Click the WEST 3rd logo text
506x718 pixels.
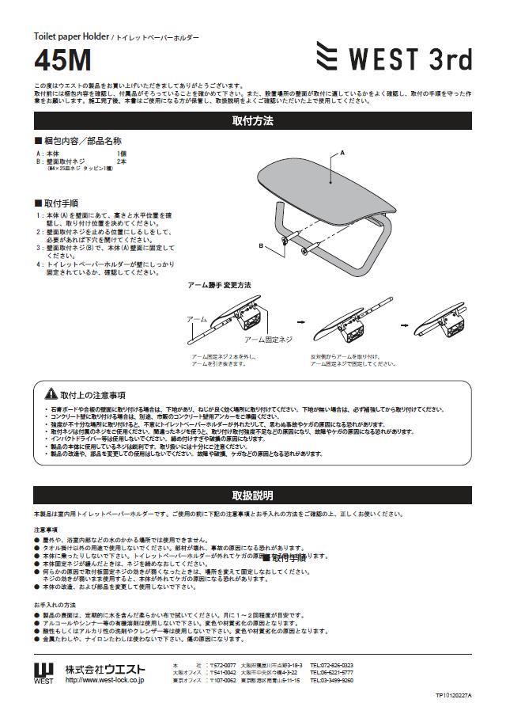click(x=408, y=59)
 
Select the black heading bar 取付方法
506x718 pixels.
click(x=252, y=121)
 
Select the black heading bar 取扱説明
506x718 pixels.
click(x=252, y=496)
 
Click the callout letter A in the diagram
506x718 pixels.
click(x=342, y=150)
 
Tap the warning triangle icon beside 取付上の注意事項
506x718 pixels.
click(x=49, y=393)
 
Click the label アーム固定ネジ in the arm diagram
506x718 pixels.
click(x=268, y=339)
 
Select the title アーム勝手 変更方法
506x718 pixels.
click(x=219, y=284)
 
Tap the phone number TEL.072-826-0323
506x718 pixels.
click(x=331, y=665)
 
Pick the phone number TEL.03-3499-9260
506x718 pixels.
click(x=331, y=680)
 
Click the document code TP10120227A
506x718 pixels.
click(x=452, y=695)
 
